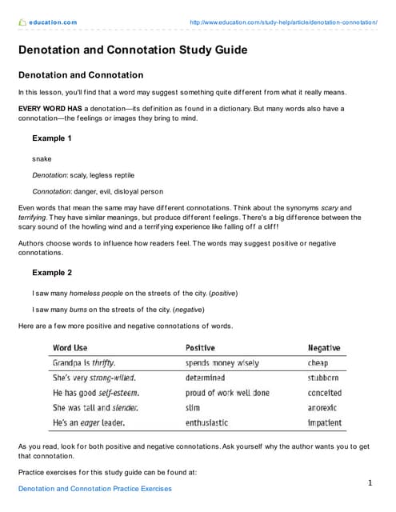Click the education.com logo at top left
47,22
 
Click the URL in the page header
283,22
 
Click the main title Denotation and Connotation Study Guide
132,50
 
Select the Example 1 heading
52,138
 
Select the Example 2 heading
52,272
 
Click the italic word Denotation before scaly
50,174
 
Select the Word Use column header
70,348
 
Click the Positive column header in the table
200,348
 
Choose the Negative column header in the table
324,348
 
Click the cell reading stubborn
323,378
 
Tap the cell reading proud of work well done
227,393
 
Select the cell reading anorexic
324,407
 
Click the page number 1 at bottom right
370,482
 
